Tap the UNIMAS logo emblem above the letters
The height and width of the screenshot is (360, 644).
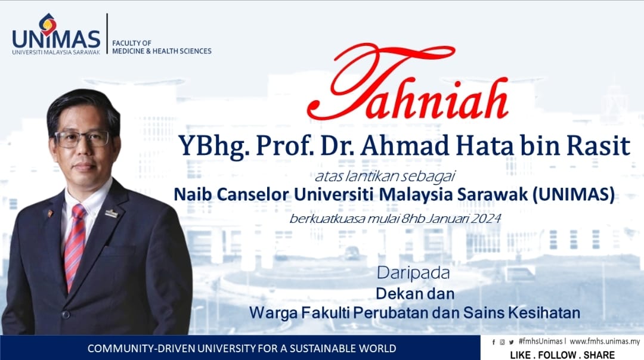(x=48, y=24)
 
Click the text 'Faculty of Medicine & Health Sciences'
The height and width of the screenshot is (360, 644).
(x=162, y=47)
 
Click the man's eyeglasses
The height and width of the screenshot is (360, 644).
(x=82, y=139)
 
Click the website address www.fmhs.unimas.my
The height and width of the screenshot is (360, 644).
(x=605, y=342)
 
